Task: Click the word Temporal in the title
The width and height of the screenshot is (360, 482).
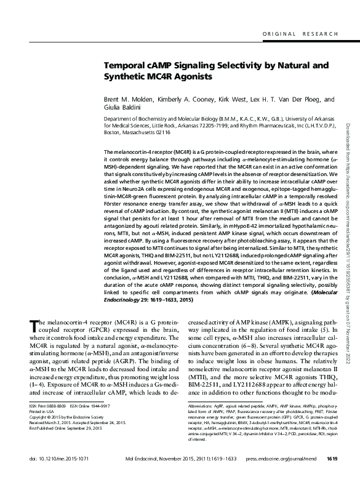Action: pos(126,65)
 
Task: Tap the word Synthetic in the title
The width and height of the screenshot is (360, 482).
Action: pos(126,78)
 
